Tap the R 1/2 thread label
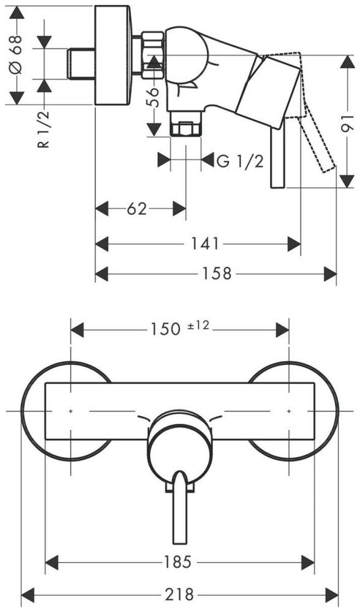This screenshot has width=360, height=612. click(44, 129)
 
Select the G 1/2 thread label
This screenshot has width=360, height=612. click(240, 160)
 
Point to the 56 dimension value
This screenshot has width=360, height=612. click(154, 97)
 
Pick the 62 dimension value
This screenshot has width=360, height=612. click(137, 209)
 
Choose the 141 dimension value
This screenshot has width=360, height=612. click(204, 244)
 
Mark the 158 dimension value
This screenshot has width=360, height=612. click(216, 274)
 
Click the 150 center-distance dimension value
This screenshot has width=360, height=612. click(165, 330)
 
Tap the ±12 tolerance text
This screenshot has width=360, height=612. click(198, 326)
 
